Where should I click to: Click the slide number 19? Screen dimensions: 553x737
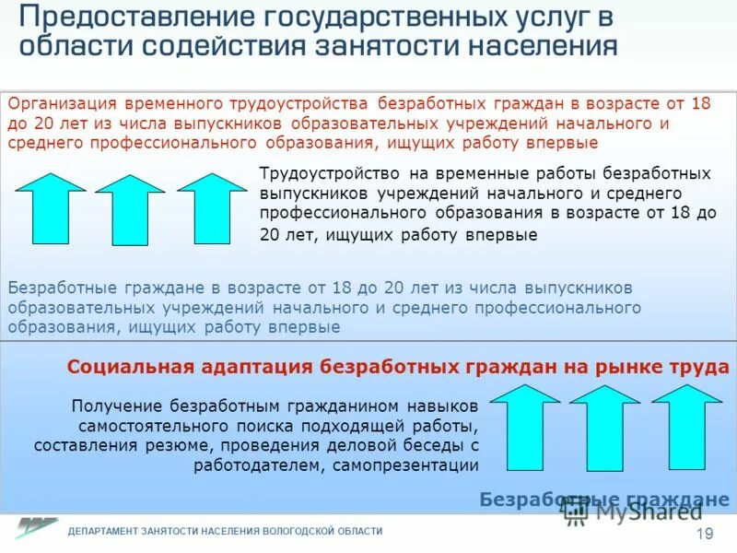[x=706, y=535]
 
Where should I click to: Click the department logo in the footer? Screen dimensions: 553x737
[x=36, y=528]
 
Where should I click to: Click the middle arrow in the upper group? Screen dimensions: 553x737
[x=130, y=209]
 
